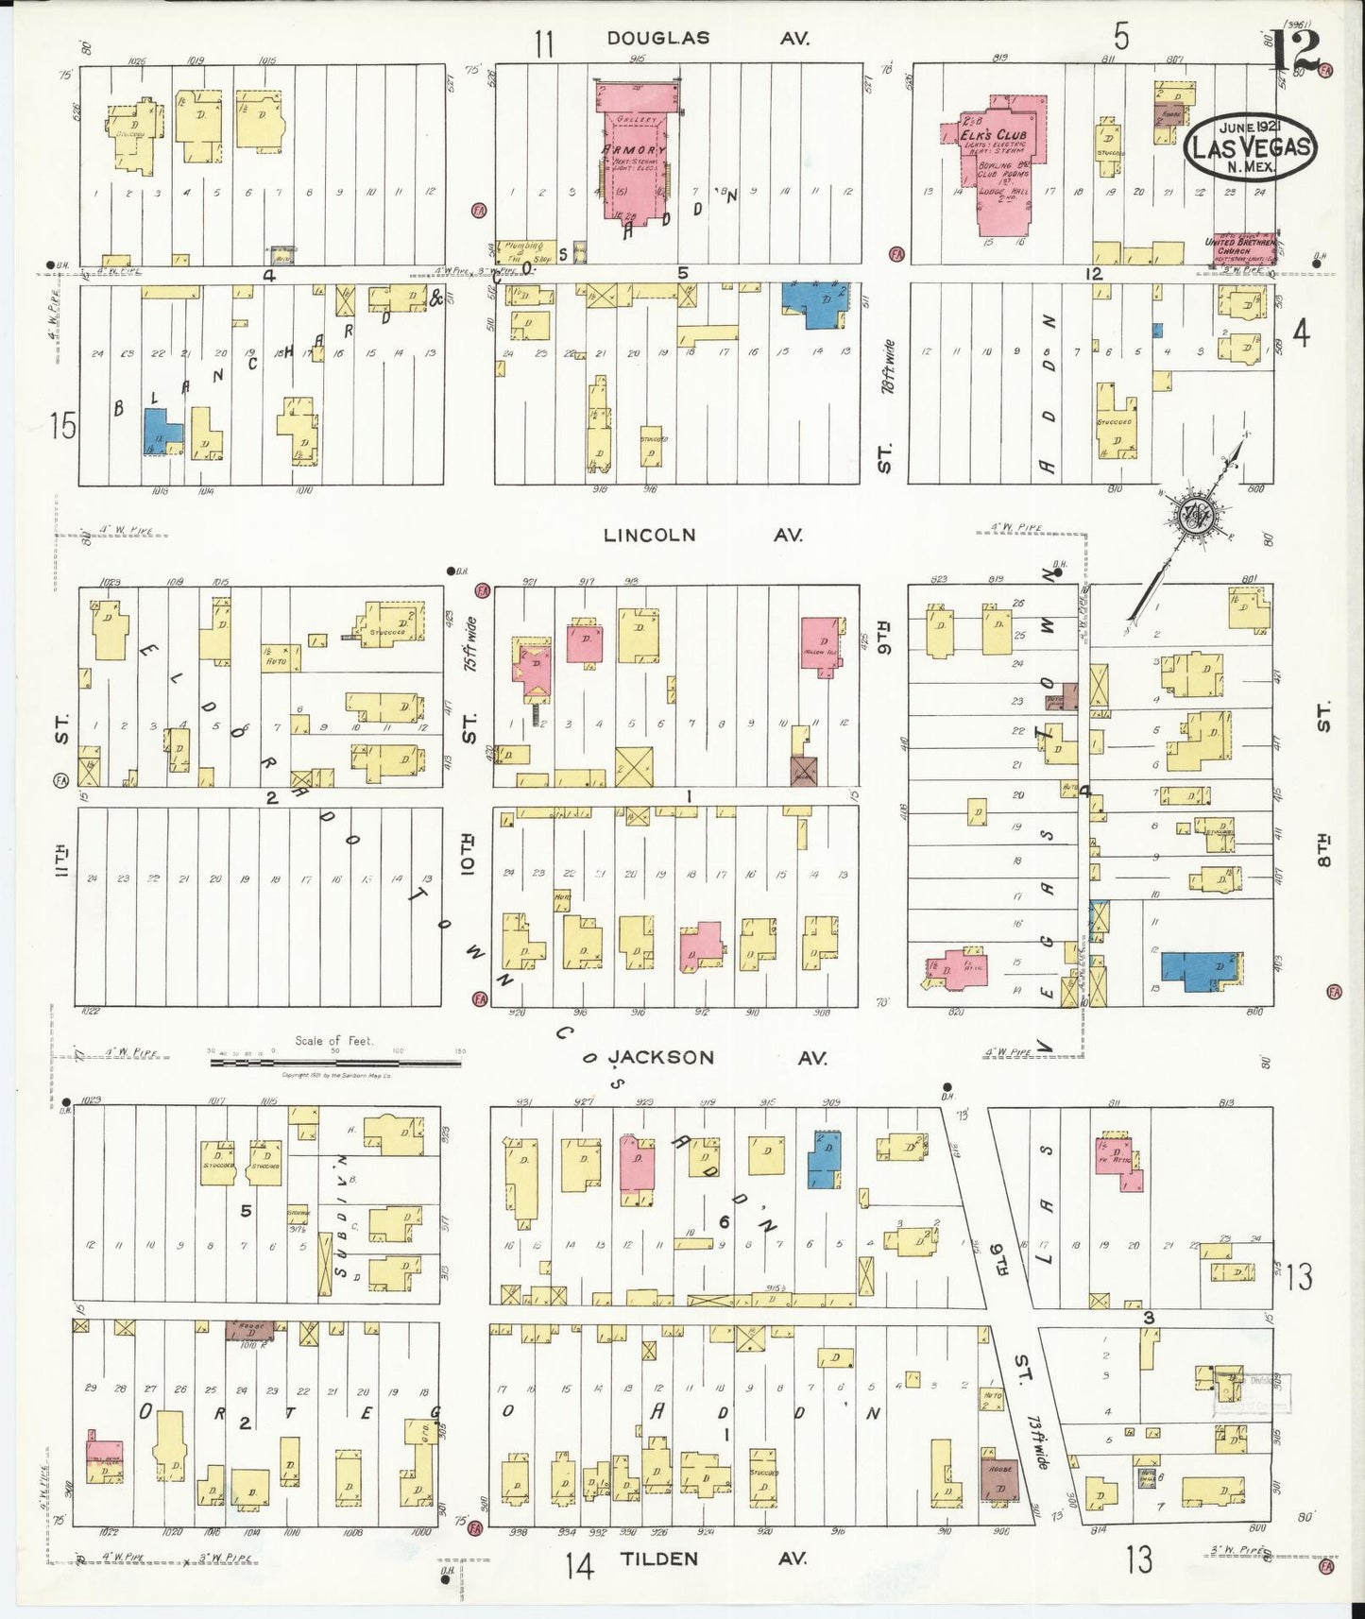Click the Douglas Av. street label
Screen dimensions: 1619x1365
click(x=708, y=38)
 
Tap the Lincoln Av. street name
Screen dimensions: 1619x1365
click(x=703, y=535)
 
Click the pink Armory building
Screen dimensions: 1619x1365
click(x=634, y=151)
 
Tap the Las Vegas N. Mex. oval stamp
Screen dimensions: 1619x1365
click(x=1250, y=147)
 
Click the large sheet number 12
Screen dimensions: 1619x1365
click(x=1295, y=52)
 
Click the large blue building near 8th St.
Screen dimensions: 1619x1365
click(x=1201, y=970)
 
